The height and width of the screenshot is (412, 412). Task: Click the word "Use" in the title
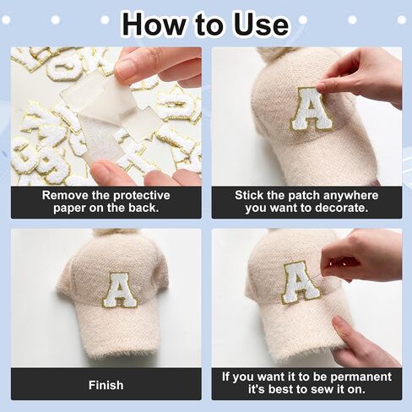pos(261,24)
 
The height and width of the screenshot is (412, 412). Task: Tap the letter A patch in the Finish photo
pos(119,290)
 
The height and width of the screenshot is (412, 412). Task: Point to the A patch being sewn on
pos(301,283)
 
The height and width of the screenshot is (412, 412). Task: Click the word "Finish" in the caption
pos(106,385)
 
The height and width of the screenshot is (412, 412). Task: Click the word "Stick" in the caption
pos(247,195)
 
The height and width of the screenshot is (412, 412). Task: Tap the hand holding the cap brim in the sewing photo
pos(363,340)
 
